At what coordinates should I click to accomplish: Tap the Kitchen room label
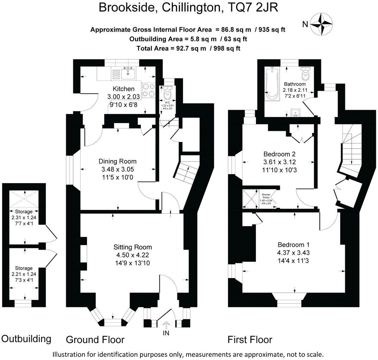123,89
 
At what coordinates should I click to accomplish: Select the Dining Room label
117,161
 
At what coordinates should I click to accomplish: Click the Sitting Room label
133,247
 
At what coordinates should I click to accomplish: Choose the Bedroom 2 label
279,154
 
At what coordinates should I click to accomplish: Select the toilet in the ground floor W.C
167,93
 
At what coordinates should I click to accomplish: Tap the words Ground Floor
95,340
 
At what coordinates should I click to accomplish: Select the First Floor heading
250,340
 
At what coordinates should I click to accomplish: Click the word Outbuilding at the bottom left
26,339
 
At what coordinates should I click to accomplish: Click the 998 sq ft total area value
225,48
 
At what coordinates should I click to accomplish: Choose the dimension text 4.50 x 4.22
133,255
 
